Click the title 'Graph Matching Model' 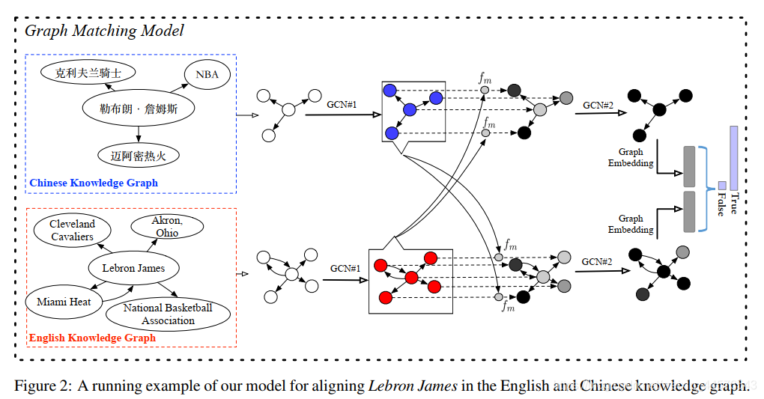(104, 31)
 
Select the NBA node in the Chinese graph (207, 75)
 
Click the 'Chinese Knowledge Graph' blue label (94, 183)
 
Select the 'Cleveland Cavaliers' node (73, 231)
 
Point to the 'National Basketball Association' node (168, 314)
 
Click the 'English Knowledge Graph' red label (92, 338)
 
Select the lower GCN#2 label (598, 261)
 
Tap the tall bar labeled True (733, 158)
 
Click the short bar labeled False (721, 185)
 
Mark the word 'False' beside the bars (721, 204)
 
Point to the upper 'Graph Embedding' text (631, 158)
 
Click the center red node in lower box (410, 278)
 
